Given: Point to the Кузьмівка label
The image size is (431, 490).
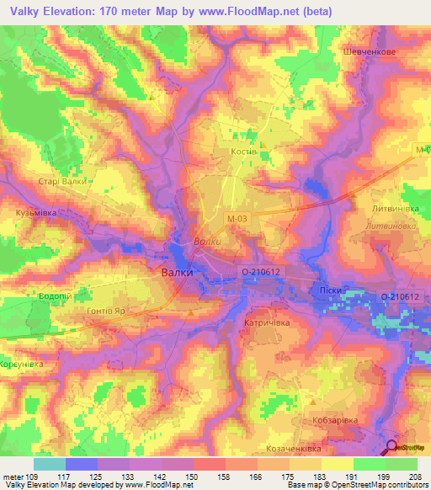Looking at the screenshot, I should (35, 213).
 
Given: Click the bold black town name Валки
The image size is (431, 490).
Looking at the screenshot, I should (177, 273).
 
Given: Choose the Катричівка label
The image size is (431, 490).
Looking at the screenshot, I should (267, 322).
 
